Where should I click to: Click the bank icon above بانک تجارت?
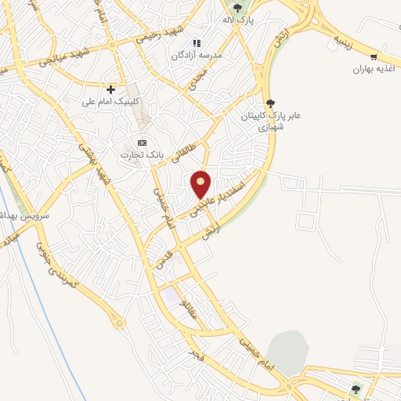coord(142,143)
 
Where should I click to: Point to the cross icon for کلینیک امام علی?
coord(111,90)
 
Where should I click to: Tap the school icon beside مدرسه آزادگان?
coord(198,43)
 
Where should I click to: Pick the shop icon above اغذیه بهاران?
coord(374,56)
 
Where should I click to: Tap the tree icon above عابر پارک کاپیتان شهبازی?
coord(271,103)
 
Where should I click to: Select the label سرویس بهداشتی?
coord(25,215)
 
